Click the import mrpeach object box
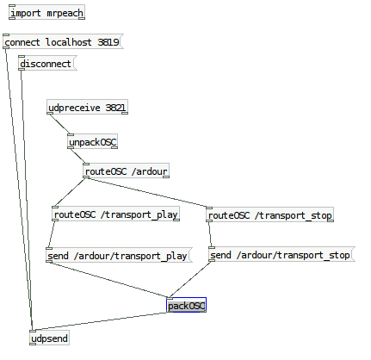[46, 12]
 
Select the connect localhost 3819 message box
[63, 41]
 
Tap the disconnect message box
[47, 63]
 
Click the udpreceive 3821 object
[87, 107]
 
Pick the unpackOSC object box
[92, 141]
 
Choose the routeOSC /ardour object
[126, 171]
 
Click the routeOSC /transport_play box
[115, 214]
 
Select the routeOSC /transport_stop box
[269, 214]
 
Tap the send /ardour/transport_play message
[119, 255]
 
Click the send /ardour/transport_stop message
[281, 254]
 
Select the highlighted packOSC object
[187, 305]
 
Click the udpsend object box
[49, 338]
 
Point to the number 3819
[108, 42]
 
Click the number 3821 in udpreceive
[115, 108]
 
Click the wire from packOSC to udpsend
[100, 321]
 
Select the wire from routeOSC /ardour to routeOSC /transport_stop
[147, 192]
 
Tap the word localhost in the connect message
[69, 42]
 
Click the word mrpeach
[65, 13]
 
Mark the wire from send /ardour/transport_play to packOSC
[108, 280]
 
